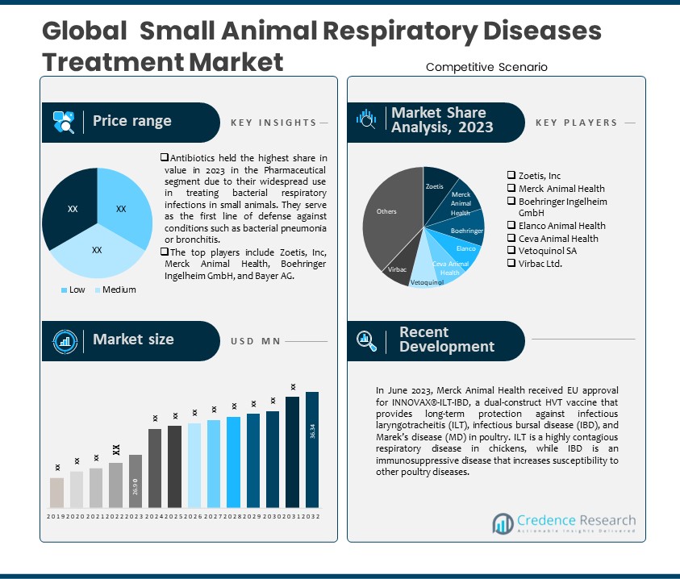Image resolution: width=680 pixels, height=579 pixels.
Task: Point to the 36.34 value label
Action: [312, 432]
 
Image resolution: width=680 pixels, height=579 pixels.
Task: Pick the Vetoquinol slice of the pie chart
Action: [425, 277]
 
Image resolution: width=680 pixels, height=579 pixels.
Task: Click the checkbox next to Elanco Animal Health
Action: [511, 226]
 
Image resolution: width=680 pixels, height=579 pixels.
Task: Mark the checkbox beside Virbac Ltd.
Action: [511, 263]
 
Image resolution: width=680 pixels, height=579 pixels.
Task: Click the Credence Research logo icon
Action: [503, 524]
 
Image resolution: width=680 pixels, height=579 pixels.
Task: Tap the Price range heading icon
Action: [64, 122]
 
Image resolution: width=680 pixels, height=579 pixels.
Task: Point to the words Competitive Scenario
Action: [486, 67]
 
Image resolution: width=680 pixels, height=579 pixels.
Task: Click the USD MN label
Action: [255, 341]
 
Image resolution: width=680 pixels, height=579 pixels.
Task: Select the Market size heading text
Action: [133, 339]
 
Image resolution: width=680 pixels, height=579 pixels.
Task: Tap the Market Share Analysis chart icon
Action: [367, 119]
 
